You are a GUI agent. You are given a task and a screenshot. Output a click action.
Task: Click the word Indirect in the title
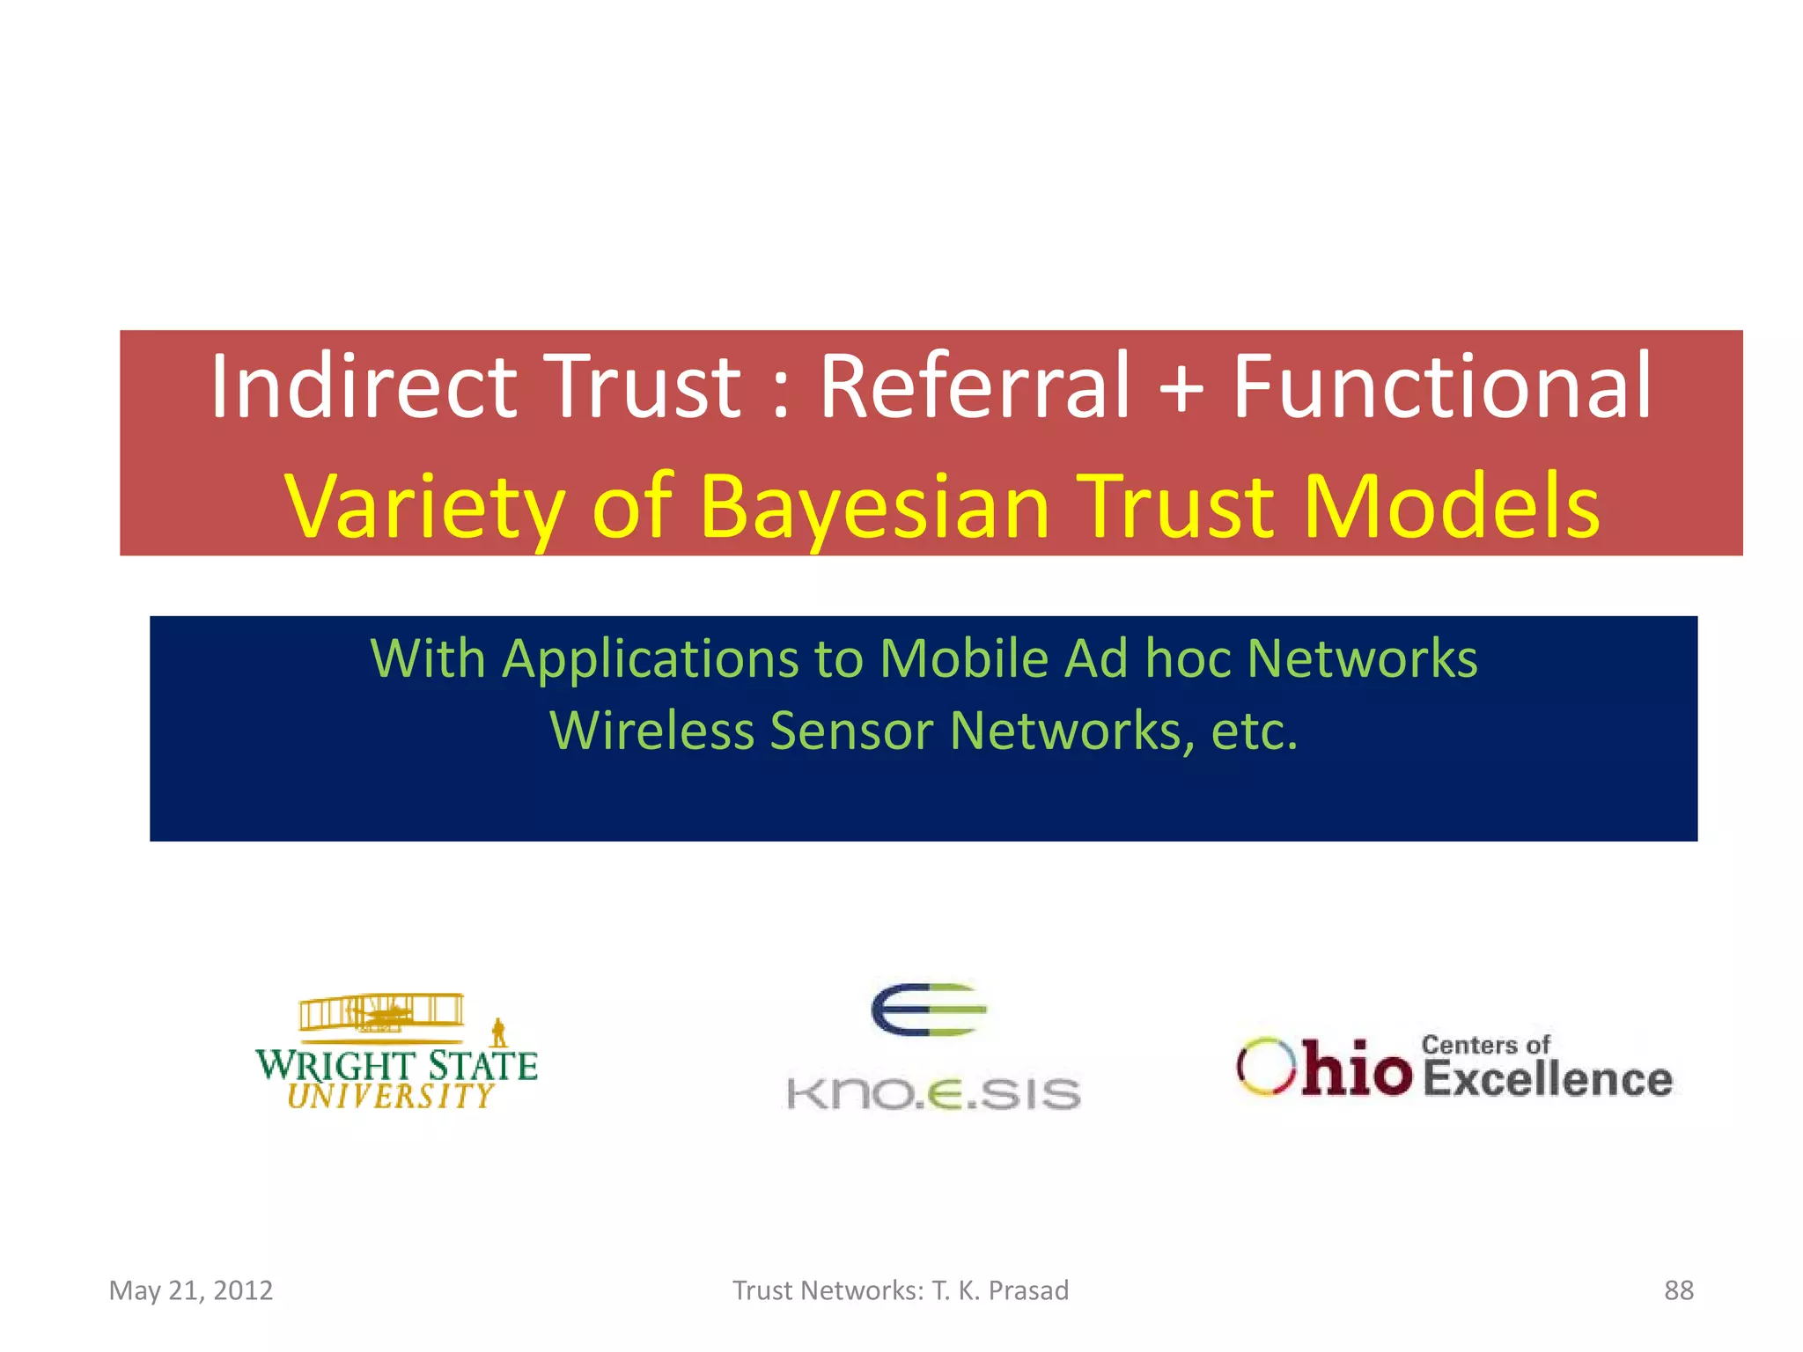(x=363, y=387)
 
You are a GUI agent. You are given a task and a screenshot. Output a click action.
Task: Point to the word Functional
(x=1440, y=387)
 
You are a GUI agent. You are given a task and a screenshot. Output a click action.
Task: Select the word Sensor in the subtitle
(x=850, y=731)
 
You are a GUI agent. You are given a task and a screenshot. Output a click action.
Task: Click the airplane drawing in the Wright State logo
(x=382, y=1013)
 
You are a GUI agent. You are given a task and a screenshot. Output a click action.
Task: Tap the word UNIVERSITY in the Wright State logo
(x=391, y=1097)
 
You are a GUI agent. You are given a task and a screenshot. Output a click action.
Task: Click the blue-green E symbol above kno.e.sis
(x=928, y=1010)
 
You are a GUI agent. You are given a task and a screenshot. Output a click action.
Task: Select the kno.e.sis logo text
(x=933, y=1094)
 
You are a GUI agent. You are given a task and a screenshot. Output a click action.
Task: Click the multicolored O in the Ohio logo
(x=1266, y=1067)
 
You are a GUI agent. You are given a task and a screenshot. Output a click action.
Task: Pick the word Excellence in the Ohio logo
(x=1547, y=1080)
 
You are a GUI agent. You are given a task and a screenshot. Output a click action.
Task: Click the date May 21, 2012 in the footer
(x=191, y=1290)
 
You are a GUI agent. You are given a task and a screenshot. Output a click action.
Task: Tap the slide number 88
(x=1678, y=1290)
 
